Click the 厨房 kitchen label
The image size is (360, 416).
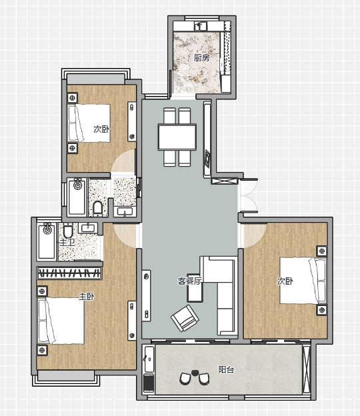click(x=201, y=57)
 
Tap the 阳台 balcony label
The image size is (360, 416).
click(x=226, y=369)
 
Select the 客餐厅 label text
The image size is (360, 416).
click(x=189, y=281)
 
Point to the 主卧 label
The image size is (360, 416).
click(x=87, y=297)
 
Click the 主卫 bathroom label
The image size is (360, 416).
click(x=67, y=242)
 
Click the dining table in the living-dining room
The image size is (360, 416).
click(x=177, y=137)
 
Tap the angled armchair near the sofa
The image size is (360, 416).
click(x=185, y=318)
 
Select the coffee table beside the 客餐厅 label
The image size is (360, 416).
click(x=195, y=288)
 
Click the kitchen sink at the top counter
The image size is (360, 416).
click(x=201, y=26)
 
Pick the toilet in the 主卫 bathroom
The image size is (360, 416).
click(x=68, y=231)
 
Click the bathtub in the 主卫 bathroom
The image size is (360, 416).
click(x=47, y=241)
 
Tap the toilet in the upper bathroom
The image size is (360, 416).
click(x=97, y=208)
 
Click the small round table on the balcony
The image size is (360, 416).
click(x=195, y=373)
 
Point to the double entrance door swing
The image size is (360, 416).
click(x=249, y=196)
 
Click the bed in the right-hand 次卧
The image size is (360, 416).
click(x=303, y=281)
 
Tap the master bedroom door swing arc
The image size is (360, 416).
click(x=125, y=235)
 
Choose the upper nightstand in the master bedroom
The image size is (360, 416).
click(x=42, y=291)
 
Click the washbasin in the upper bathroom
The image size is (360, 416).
click(x=125, y=211)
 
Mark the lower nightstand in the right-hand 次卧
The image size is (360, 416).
click(x=322, y=310)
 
